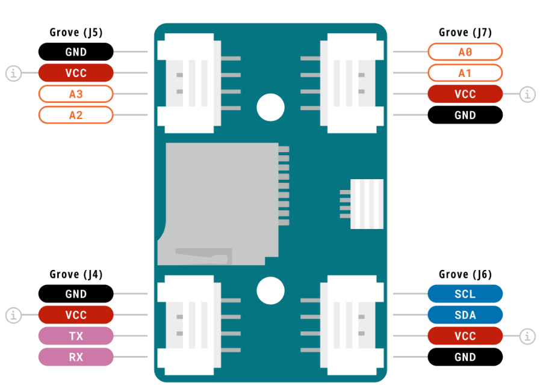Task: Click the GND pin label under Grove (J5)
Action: tap(76, 52)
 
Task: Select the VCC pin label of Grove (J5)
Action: tap(76, 73)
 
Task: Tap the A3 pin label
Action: tap(76, 94)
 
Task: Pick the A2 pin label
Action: tap(76, 115)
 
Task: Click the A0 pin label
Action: tap(465, 52)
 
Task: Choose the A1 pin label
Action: tap(465, 73)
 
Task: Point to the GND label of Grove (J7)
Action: tap(465, 115)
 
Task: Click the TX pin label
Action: tap(76, 336)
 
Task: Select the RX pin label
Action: tap(76, 357)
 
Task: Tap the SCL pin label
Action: tap(465, 294)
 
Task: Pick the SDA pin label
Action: tap(465, 315)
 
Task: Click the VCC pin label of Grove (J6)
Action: tap(465, 336)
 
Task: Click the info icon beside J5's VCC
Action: tap(14, 73)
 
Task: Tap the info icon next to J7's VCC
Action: tap(527, 94)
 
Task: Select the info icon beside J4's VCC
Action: tap(14, 315)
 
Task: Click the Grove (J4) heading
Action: tap(76, 274)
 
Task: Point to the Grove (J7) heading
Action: tap(465, 32)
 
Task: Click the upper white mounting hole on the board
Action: tap(270, 107)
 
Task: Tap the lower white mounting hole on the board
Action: tap(270, 290)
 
